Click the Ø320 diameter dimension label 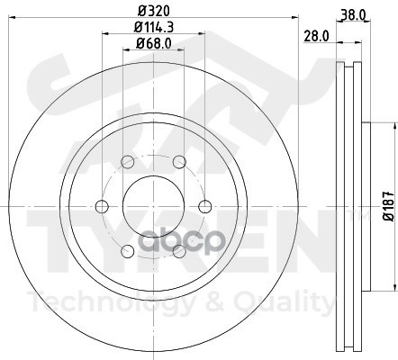click(154, 12)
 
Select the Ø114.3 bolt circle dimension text click(154, 28)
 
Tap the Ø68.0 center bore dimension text click(154, 44)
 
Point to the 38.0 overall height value click(353, 14)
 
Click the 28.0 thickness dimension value click(316, 36)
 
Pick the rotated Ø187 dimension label click(388, 206)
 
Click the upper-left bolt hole click(128, 162)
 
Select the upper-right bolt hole click(179, 162)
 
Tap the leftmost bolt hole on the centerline click(102, 206)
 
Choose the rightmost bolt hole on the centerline click(205, 206)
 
